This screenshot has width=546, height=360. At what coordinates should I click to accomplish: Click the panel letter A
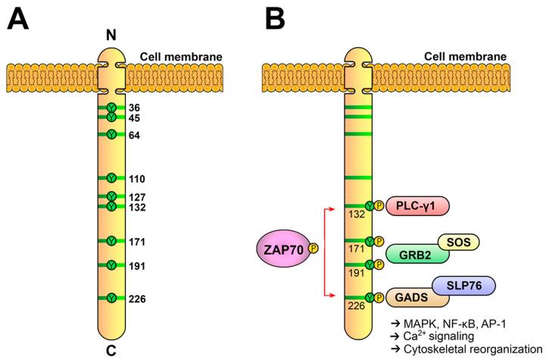coord(20,17)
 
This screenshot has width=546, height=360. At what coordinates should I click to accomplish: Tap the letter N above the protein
coord(111,36)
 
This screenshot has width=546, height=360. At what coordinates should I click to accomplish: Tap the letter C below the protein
coord(111,350)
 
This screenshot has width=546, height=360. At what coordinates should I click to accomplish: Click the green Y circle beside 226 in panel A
coord(111,299)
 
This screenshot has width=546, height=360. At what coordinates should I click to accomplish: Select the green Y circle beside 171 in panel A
coord(111,241)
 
